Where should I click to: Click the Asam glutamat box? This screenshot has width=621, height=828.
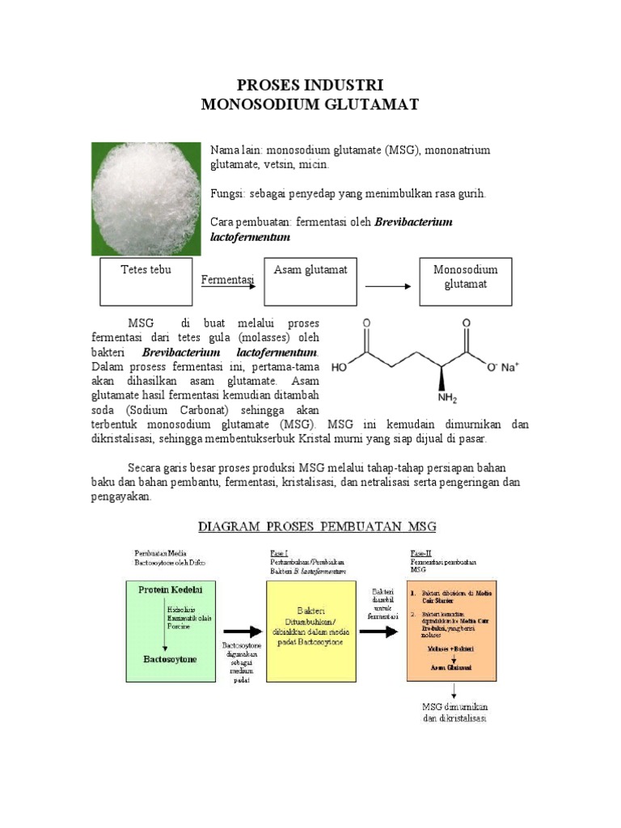coord(310,282)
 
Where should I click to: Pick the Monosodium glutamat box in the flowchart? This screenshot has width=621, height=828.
coord(465,282)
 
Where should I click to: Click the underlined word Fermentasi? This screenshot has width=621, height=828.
coord(226,280)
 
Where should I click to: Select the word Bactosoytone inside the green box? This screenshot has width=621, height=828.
coord(168,659)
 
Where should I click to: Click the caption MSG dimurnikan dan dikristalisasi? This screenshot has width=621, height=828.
coord(454,712)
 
